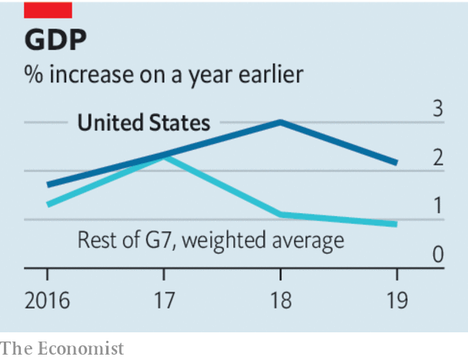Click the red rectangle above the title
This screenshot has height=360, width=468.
click(48, 9)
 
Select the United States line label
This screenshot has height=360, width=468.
click(144, 123)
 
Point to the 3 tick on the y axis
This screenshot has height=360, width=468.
click(437, 109)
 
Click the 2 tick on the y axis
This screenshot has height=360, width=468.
click(437, 158)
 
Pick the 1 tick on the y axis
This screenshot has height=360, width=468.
click(437, 206)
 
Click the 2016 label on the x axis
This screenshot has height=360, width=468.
click(47, 300)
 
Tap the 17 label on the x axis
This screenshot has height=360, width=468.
click(163, 300)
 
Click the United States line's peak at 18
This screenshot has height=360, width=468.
click(280, 122)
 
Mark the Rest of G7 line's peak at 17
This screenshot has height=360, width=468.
click(164, 156)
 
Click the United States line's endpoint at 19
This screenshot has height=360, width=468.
click(396, 163)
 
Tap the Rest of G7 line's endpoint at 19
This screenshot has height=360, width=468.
click(396, 224)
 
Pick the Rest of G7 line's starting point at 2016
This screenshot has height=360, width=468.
click(48, 205)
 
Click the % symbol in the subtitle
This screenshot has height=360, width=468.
click(32, 75)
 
